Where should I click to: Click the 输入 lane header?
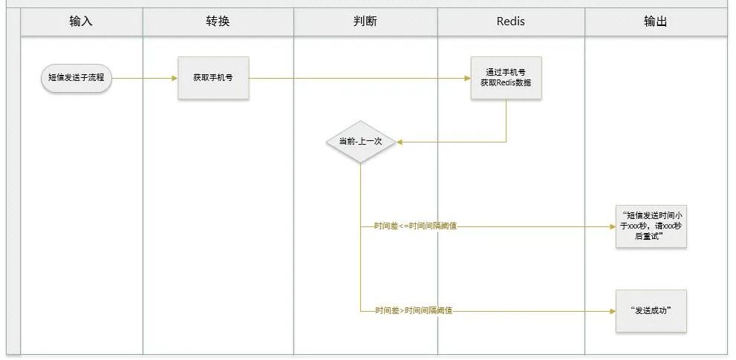[x=81, y=22]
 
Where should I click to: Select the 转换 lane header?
[x=218, y=22]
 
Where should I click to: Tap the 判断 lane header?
[x=365, y=22]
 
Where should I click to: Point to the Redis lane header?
[x=510, y=22]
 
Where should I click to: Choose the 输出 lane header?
[x=655, y=22]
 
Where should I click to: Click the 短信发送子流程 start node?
[x=76, y=77]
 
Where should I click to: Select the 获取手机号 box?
[x=213, y=77]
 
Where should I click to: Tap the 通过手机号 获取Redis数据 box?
[x=506, y=78]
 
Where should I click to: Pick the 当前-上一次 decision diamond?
[x=360, y=141]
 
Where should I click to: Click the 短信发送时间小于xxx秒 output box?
[x=651, y=226]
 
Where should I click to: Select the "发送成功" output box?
[x=651, y=310]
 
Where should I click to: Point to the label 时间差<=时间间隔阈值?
[x=415, y=226]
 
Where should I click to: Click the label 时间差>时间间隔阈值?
[x=413, y=310]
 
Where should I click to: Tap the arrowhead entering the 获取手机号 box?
[x=175, y=77]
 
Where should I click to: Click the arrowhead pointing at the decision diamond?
[x=400, y=141]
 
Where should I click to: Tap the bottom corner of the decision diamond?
[x=360, y=163]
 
